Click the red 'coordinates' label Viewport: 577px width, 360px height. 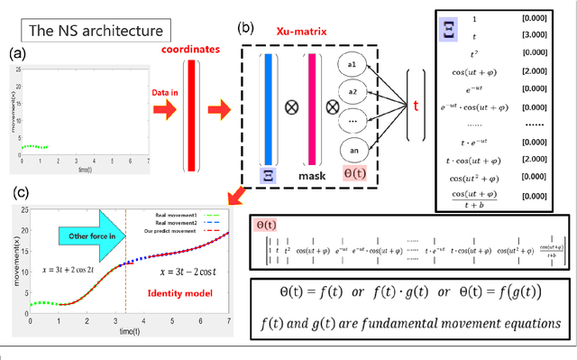click(x=189, y=50)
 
